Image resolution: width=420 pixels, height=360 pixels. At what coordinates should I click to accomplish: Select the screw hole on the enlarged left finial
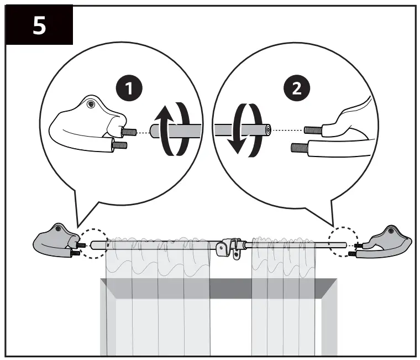92,103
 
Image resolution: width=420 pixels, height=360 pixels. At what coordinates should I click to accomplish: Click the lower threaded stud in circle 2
302,148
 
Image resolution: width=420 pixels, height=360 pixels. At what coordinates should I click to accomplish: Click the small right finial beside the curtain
384,241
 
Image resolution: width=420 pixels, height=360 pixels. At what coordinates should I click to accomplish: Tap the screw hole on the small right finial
391,229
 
